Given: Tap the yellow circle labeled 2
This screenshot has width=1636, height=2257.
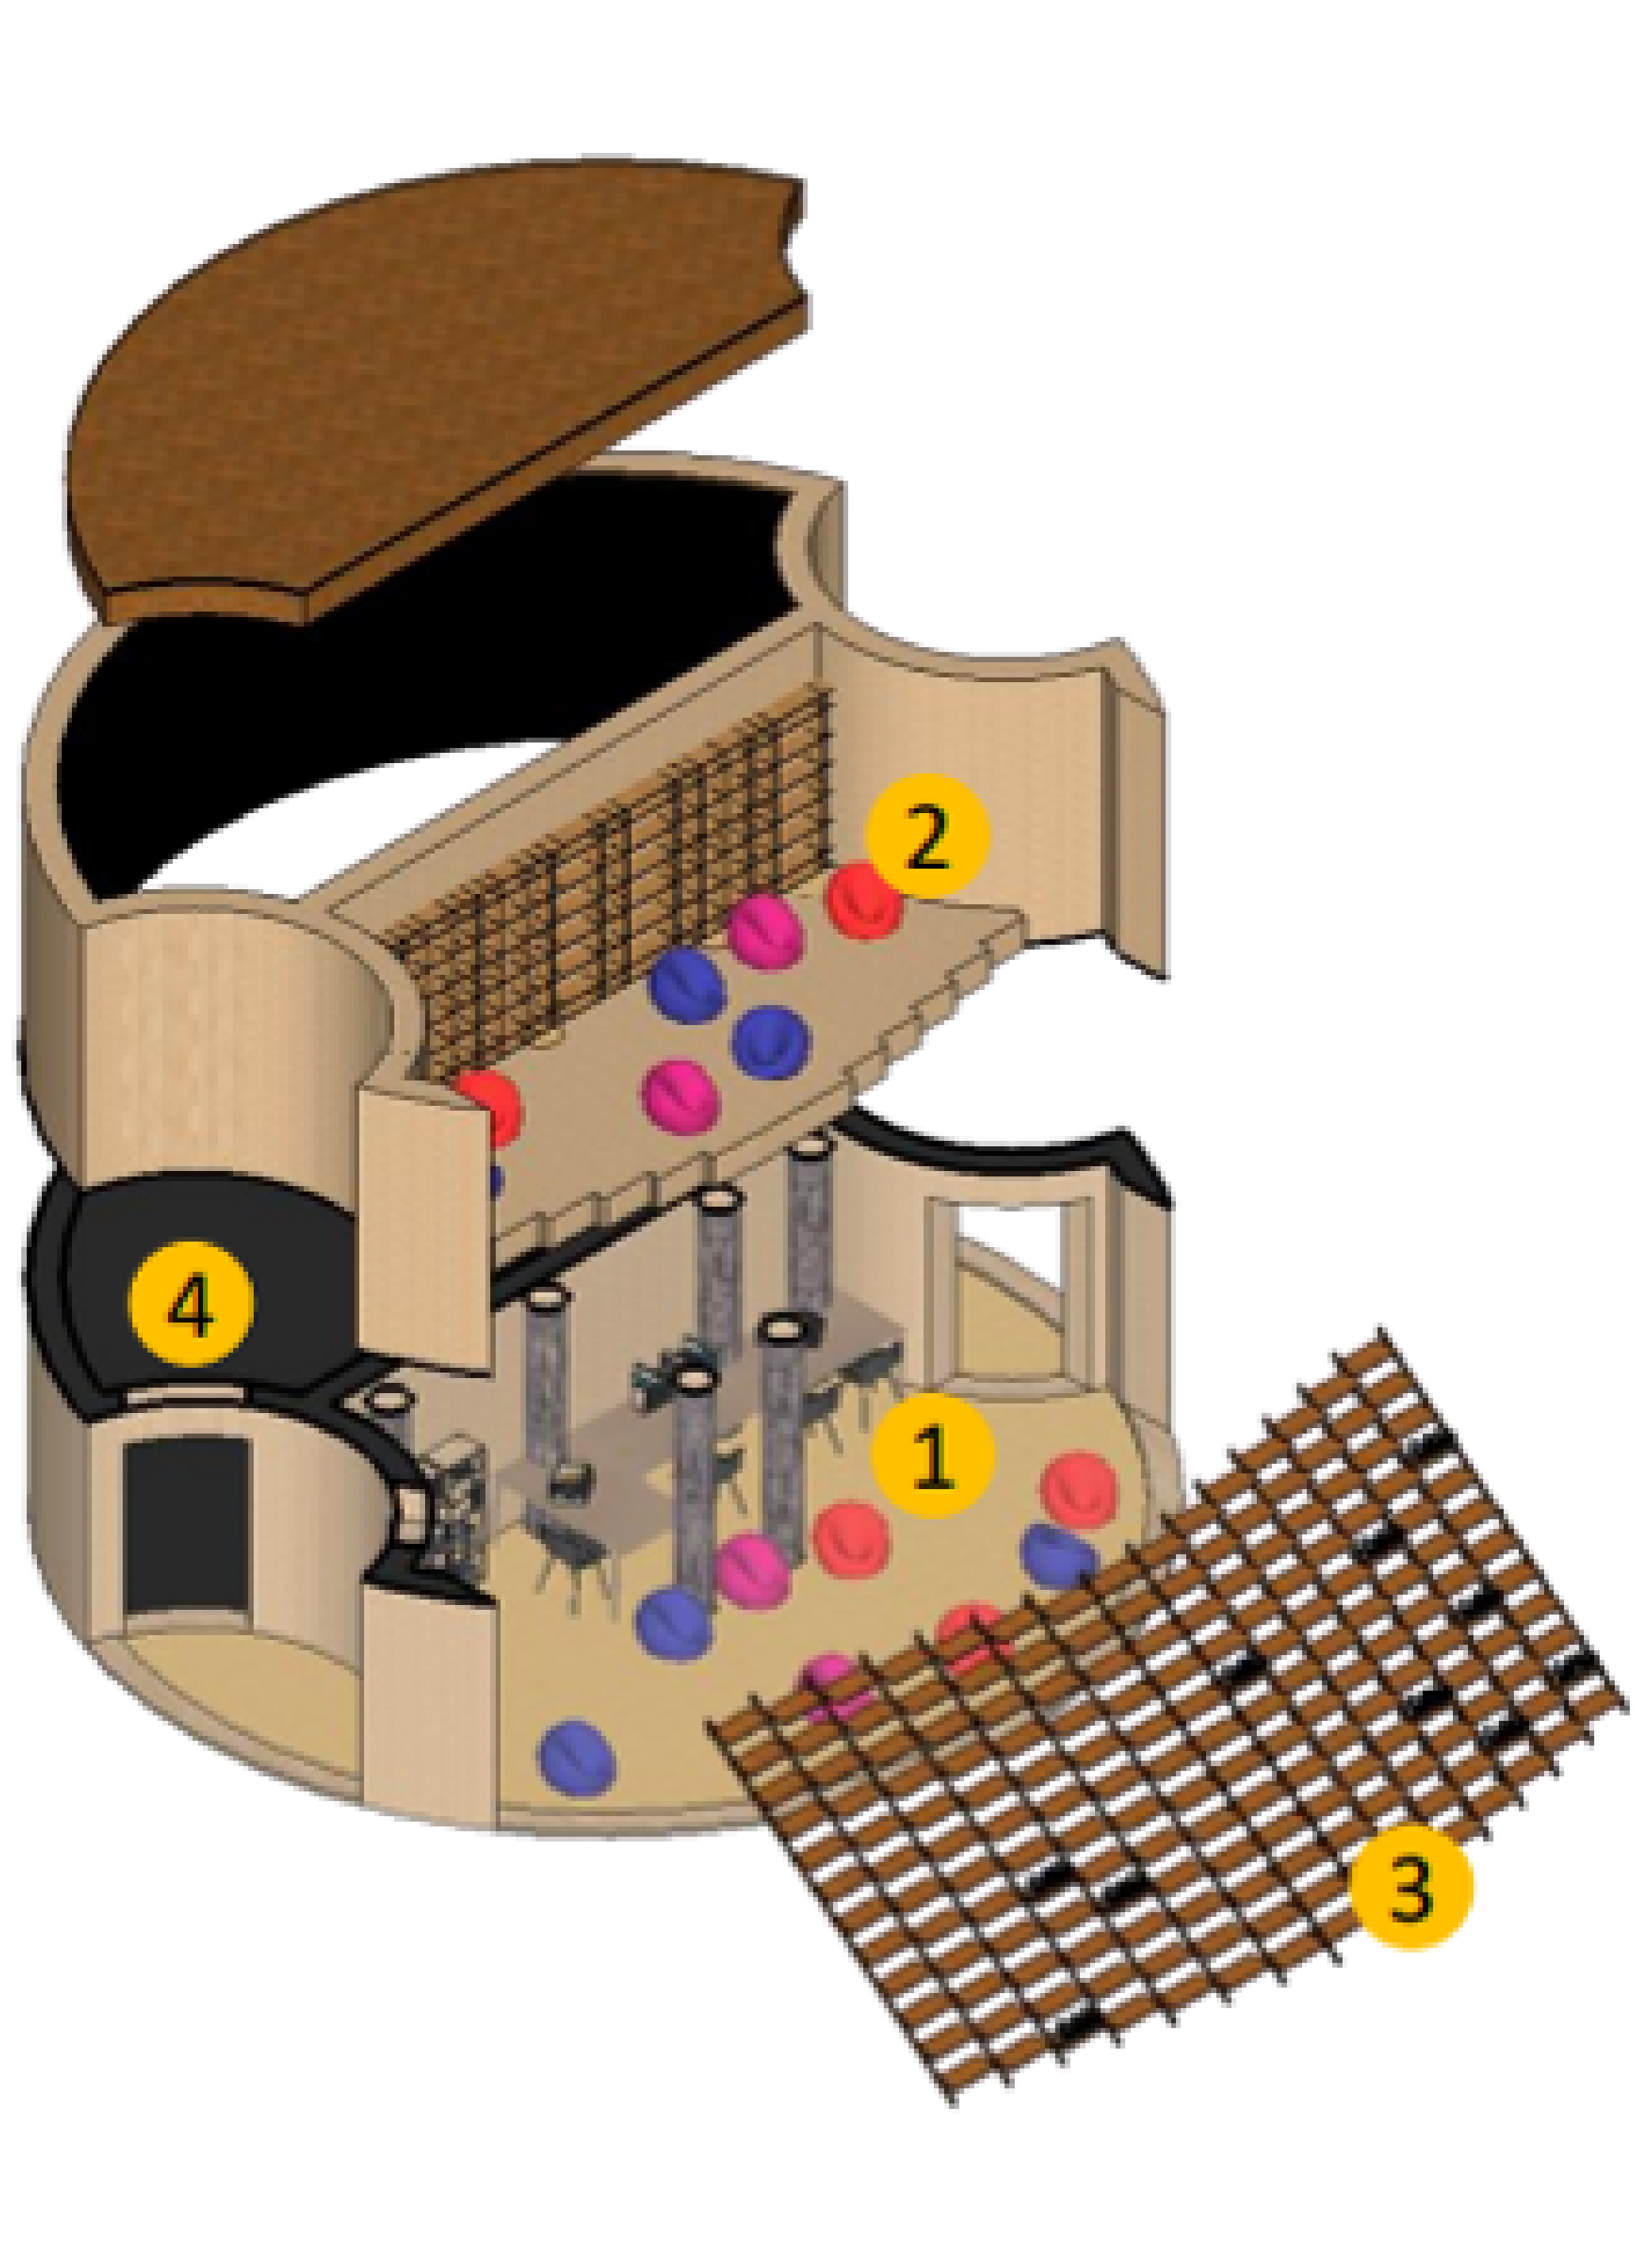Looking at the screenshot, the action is [928, 837].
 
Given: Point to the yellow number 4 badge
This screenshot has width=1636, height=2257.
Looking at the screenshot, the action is [191, 1305].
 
